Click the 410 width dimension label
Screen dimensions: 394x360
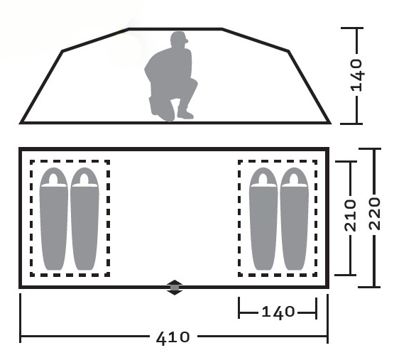click(173, 337)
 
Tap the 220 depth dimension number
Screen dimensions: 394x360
click(375, 214)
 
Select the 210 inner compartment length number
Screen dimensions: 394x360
click(351, 215)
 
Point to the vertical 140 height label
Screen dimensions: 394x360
click(357, 75)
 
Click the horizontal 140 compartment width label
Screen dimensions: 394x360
click(278, 312)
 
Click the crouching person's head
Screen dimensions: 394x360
click(179, 39)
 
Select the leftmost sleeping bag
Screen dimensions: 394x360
click(54, 219)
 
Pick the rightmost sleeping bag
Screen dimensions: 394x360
click(294, 219)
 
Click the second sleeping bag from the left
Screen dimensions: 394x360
click(84, 219)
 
